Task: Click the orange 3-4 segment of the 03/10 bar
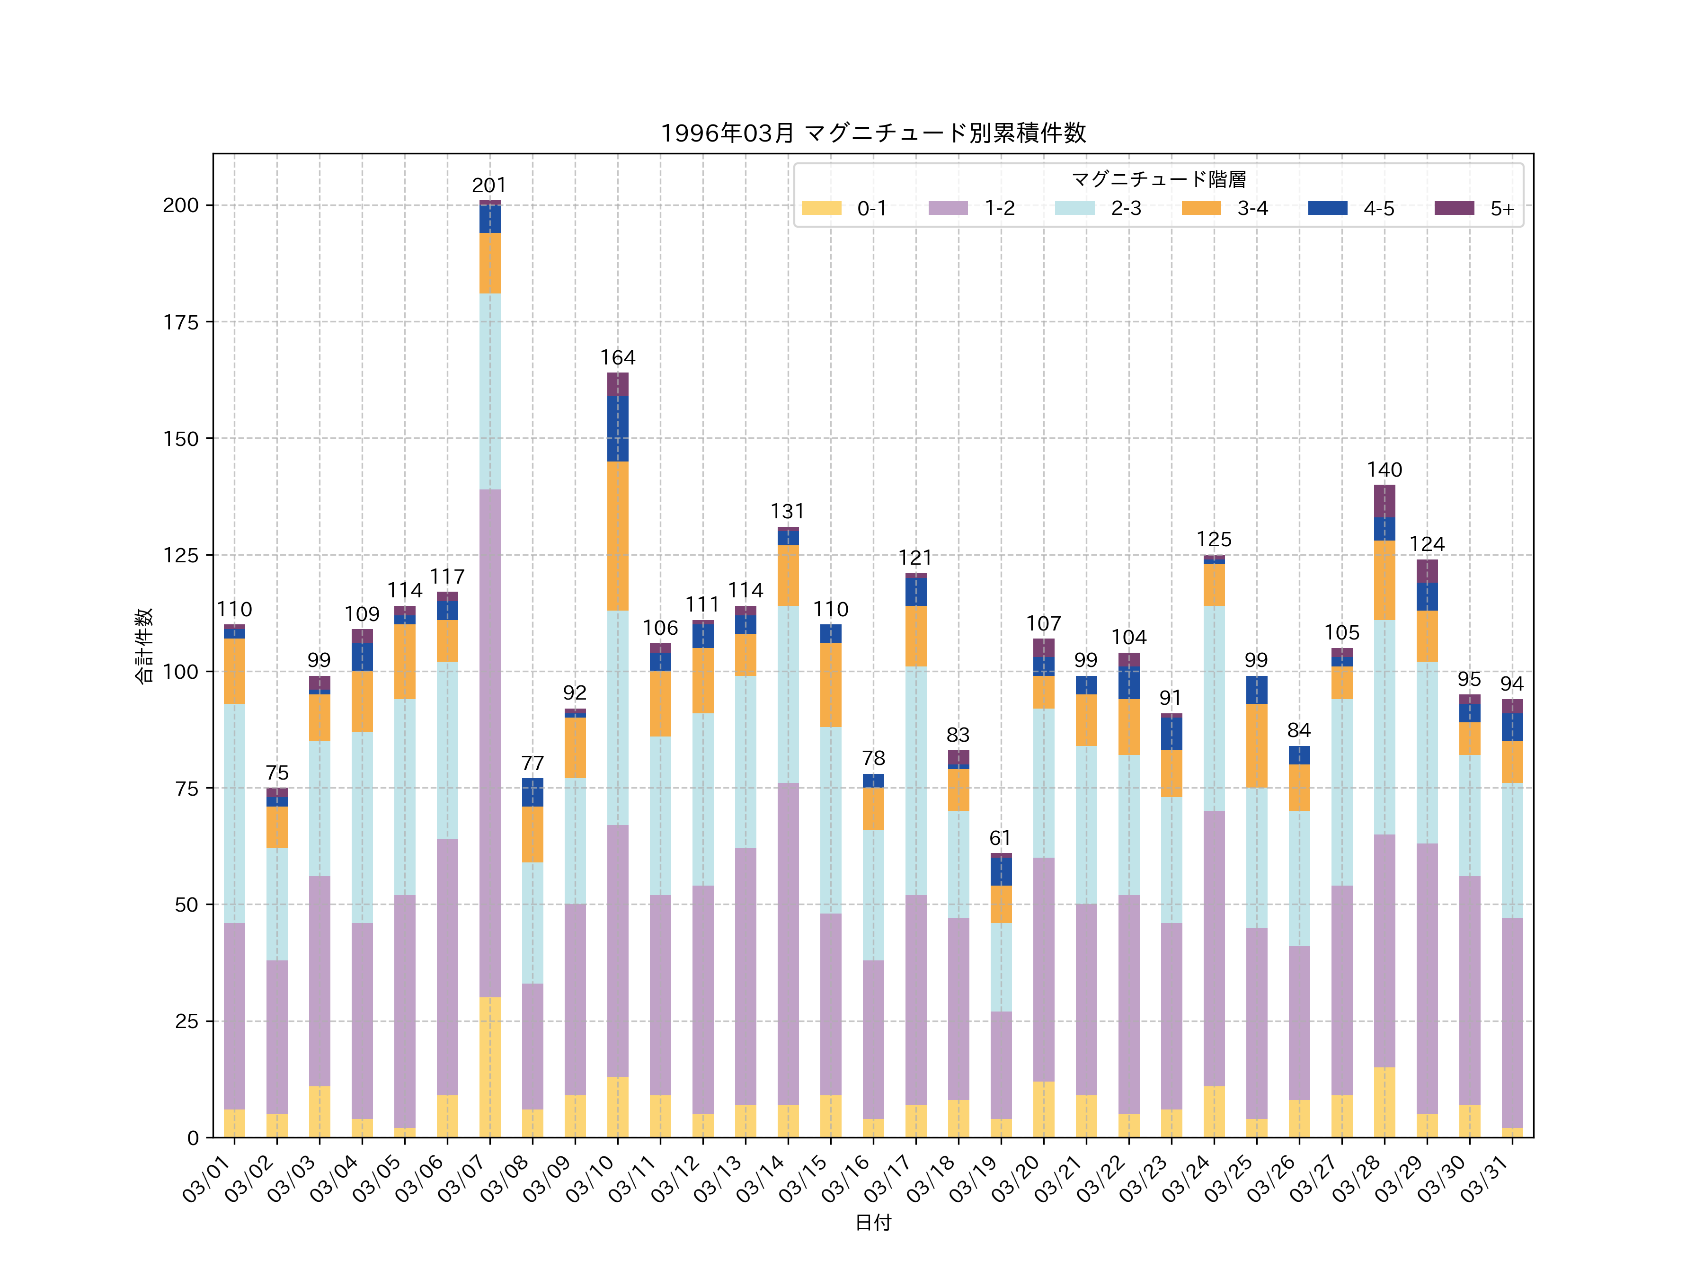(618, 536)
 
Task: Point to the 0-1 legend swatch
(821, 208)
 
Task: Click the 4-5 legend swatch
(1327, 208)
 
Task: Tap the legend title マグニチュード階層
(1159, 179)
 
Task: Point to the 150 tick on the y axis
(180, 439)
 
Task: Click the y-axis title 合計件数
(144, 646)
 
